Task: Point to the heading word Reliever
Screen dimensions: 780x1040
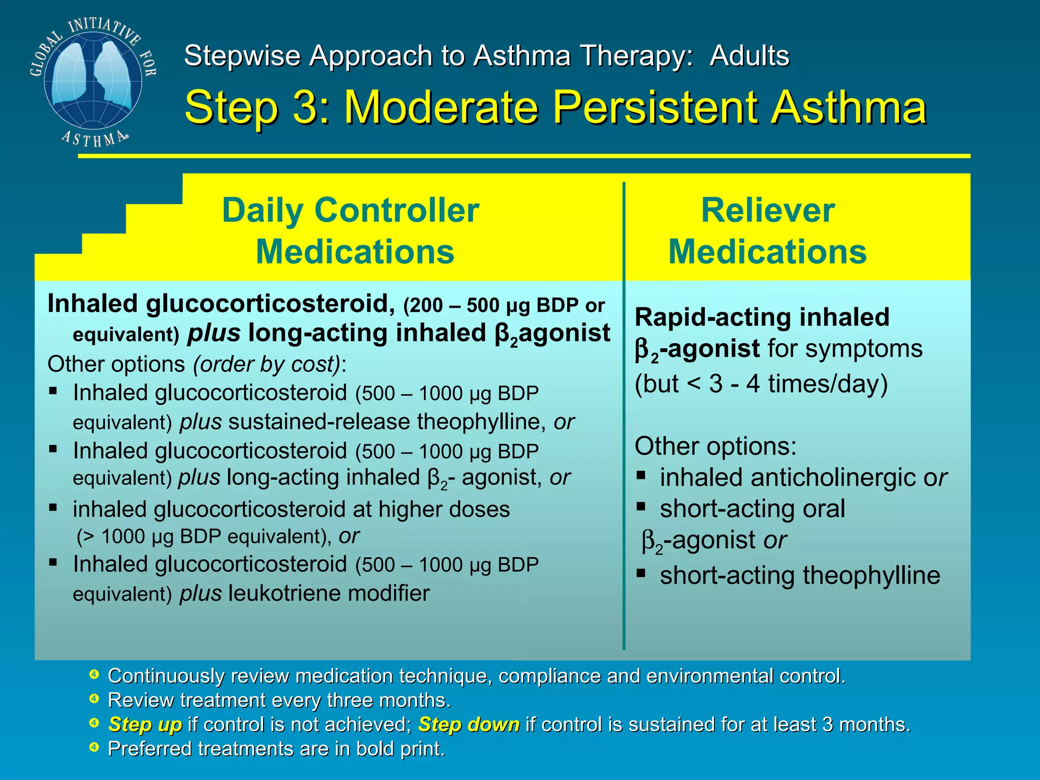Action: click(767, 210)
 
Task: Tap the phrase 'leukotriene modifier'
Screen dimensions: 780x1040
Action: click(329, 593)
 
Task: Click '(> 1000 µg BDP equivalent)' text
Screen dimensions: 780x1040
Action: click(203, 537)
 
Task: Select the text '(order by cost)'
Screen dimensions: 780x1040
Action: click(267, 364)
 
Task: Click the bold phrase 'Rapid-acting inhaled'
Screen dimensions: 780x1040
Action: click(762, 317)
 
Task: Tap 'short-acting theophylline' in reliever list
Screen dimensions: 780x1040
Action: click(800, 576)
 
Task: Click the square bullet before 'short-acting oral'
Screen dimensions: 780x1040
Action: click(641, 506)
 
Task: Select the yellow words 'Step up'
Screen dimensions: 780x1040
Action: click(145, 724)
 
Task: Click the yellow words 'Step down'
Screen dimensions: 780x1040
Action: click(468, 724)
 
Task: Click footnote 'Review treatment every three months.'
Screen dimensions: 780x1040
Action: click(279, 700)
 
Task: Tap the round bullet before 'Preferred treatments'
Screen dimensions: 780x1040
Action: click(94, 747)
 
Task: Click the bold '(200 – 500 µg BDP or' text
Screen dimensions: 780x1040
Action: click(504, 305)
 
